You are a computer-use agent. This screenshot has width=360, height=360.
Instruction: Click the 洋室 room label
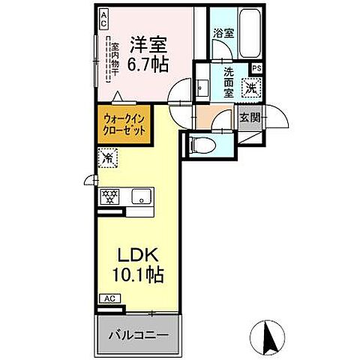148,43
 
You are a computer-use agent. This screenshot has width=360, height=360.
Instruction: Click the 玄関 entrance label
250,118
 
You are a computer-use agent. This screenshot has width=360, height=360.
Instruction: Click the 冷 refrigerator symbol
107,159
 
